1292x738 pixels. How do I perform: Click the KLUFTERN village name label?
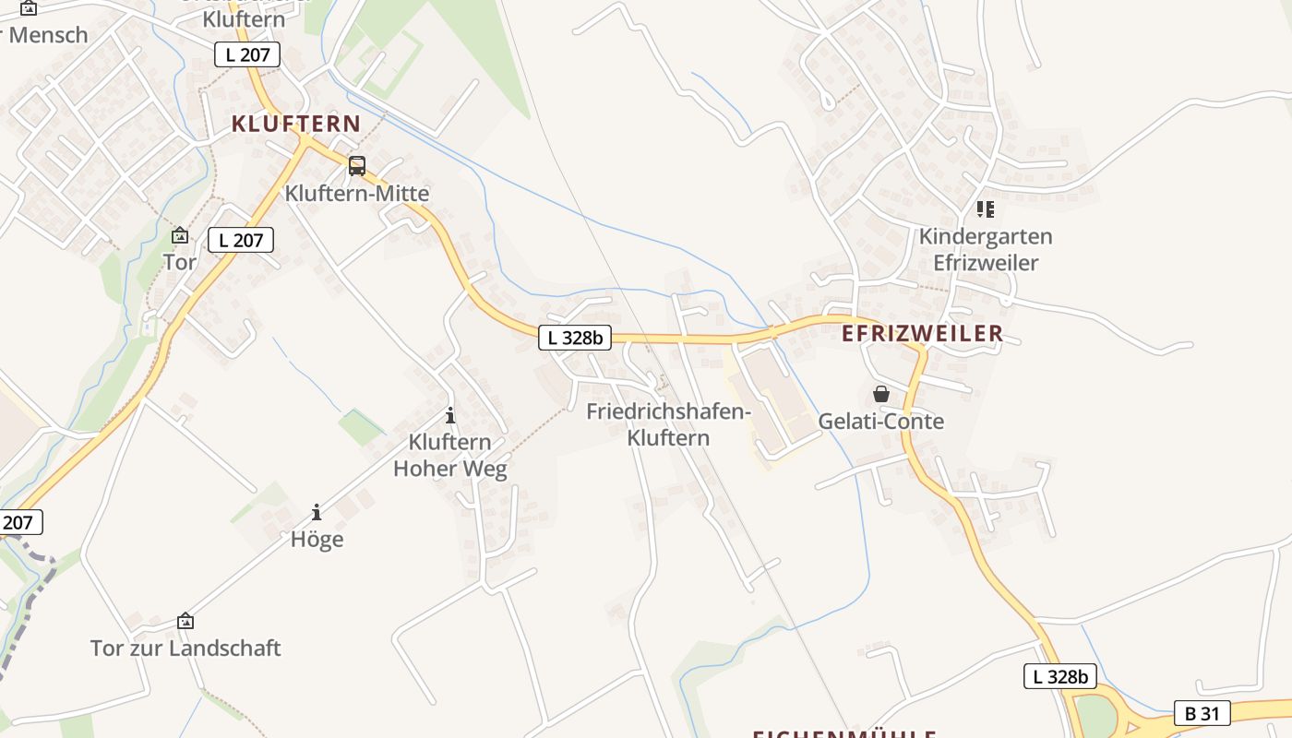(x=296, y=124)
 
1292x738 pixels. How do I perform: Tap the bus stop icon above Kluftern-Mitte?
(x=356, y=166)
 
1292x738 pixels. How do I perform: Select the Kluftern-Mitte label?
(x=356, y=194)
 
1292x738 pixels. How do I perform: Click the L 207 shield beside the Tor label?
(x=241, y=241)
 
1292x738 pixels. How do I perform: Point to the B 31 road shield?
(x=1202, y=712)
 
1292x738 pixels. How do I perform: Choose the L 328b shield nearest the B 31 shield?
(x=1060, y=676)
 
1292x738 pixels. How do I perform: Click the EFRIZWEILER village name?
(x=922, y=334)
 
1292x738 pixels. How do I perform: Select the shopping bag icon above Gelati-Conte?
(x=881, y=394)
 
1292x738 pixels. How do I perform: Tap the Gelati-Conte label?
(x=881, y=422)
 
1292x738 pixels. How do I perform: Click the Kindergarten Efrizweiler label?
(x=986, y=249)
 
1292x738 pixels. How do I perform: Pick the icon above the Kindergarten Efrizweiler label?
(x=986, y=209)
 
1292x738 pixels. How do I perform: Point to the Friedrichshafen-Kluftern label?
(x=668, y=424)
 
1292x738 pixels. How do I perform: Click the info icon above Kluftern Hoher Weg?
(x=450, y=415)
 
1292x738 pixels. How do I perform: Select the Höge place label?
(x=317, y=539)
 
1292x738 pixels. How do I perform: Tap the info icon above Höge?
(x=317, y=512)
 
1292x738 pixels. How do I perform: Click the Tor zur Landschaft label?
(x=185, y=648)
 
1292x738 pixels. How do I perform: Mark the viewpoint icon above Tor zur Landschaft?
(x=185, y=621)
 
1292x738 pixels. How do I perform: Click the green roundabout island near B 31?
(x=1095, y=715)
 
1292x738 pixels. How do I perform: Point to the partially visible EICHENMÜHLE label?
(x=844, y=734)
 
